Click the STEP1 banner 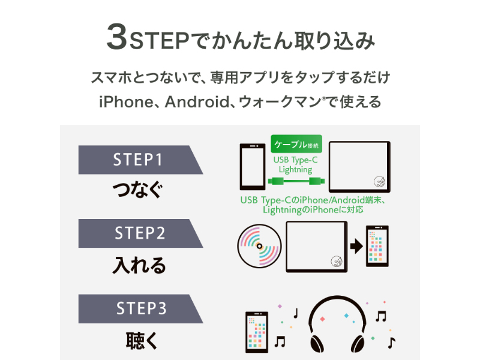[x=138, y=160]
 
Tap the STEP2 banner [x=138, y=233]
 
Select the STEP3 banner [x=138, y=308]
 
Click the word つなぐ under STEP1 [x=137, y=191]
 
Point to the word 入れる [x=139, y=265]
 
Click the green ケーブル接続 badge [x=296, y=145]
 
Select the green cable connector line [x=296, y=180]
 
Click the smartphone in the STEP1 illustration [x=251, y=167]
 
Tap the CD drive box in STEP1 [x=359, y=167]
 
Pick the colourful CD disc [x=259, y=246]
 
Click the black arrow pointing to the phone [x=356, y=246]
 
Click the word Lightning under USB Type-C [x=296, y=170]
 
